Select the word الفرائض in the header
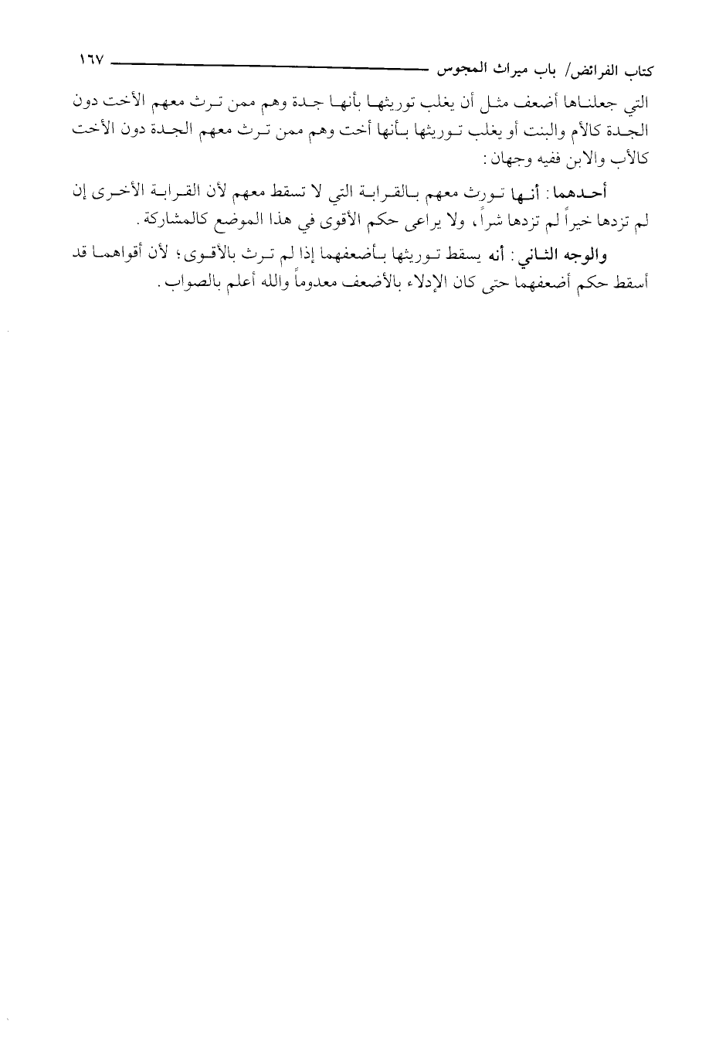(591, 73)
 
